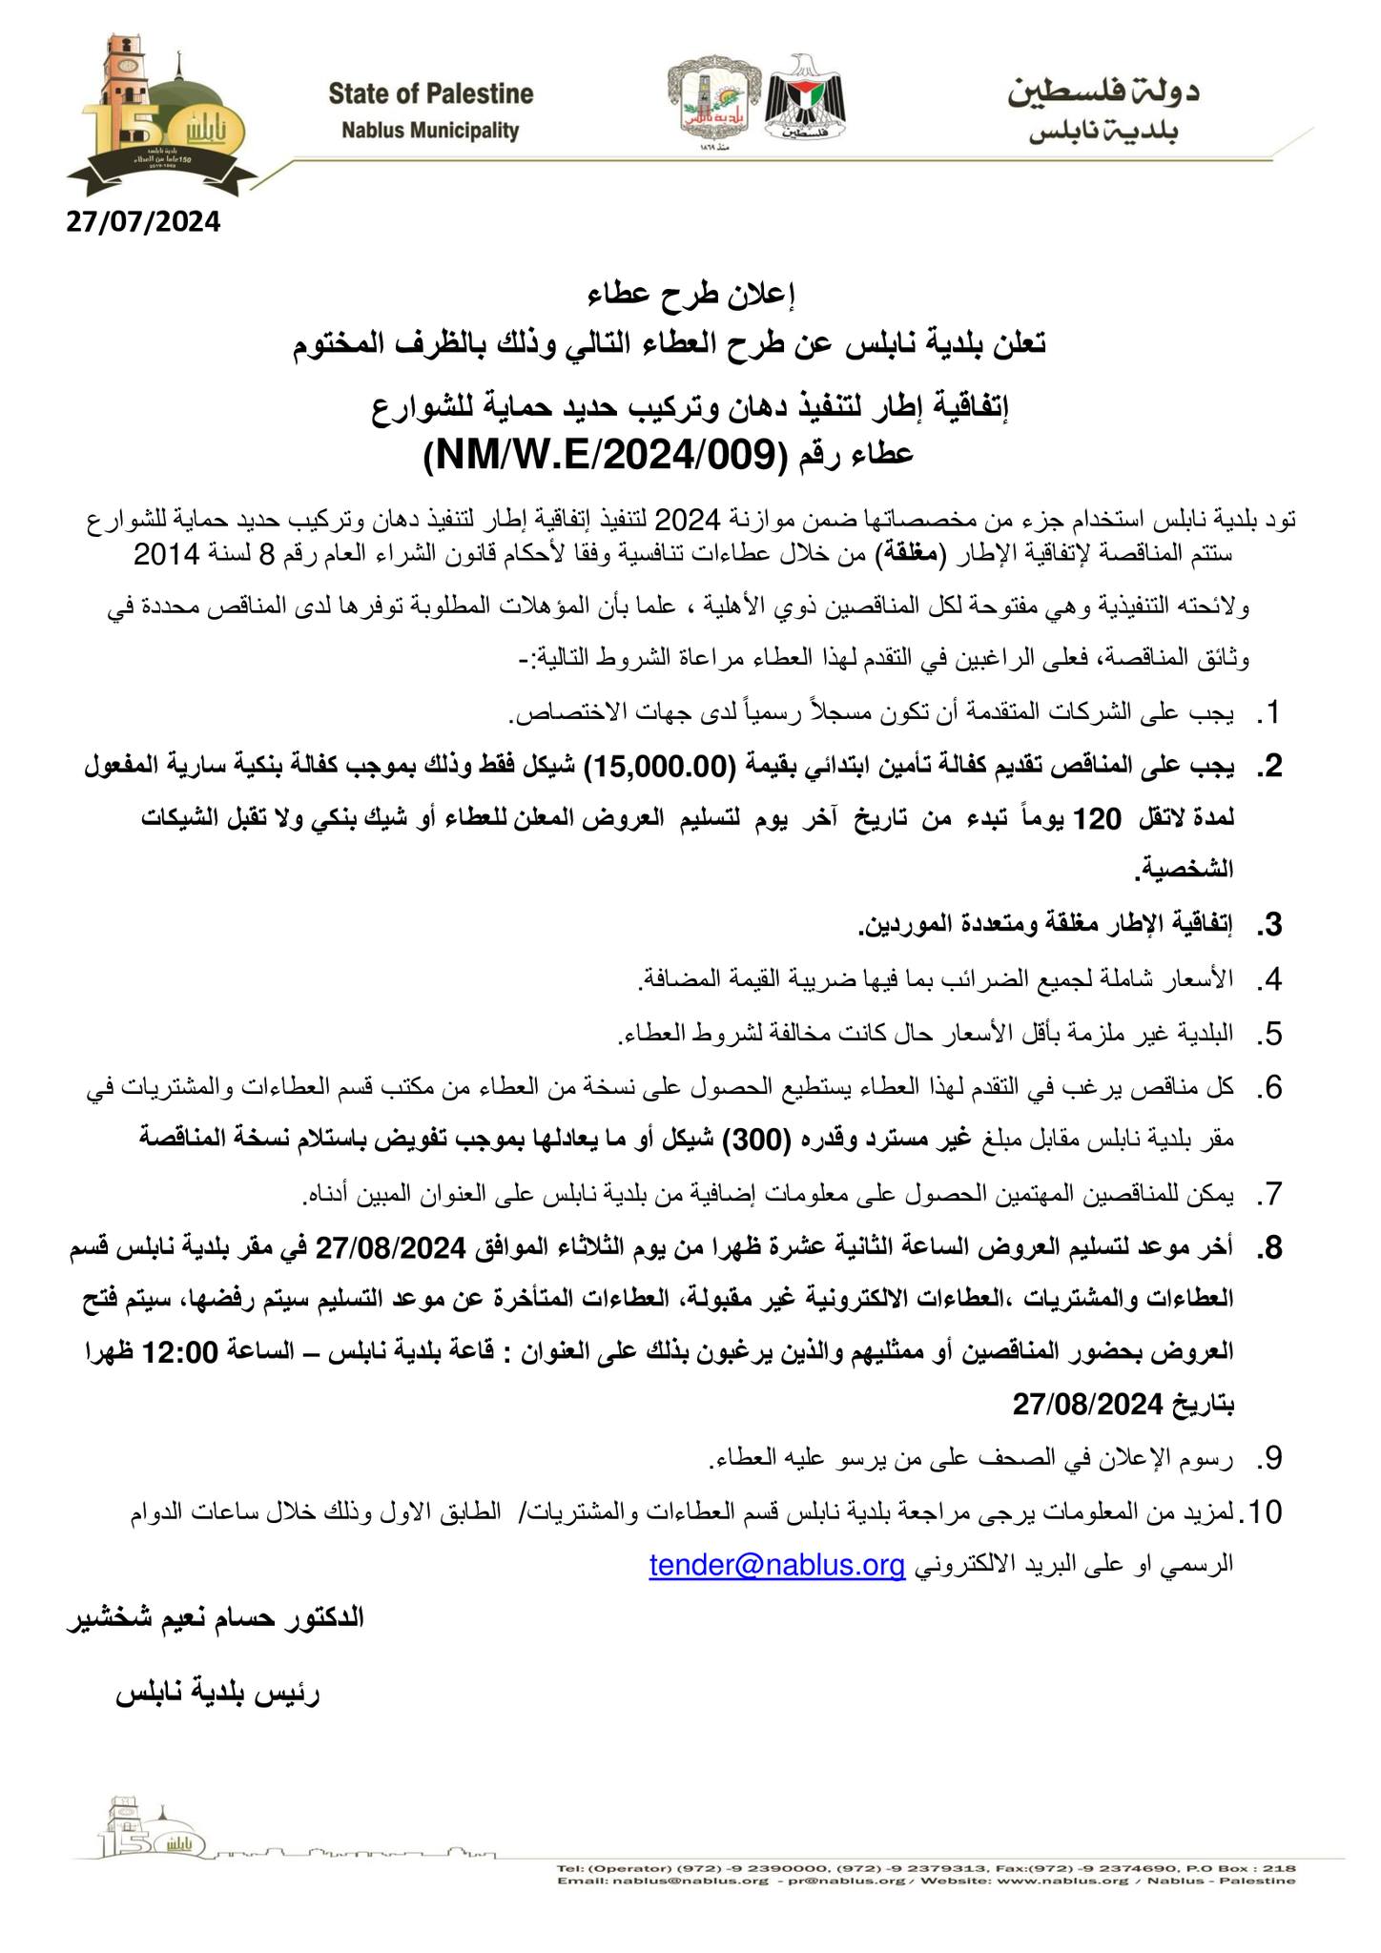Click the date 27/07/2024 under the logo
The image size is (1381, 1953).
click(x=143, y=222)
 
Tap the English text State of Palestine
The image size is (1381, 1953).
click(x=430, y=94)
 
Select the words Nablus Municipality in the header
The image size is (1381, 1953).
click(x=430, y=131)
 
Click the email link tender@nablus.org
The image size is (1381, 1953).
click(x=776, y=1565)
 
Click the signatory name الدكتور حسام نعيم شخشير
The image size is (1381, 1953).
click(x=215, y=1618)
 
